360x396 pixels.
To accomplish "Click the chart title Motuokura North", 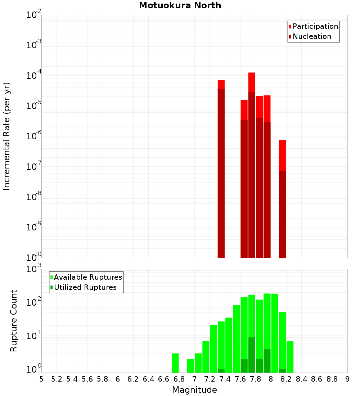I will coord(180,5).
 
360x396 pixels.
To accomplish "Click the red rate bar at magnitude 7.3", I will coord(221,169).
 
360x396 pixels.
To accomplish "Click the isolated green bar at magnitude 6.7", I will coord(175,363).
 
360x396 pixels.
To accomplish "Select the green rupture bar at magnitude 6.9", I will coord(190,366).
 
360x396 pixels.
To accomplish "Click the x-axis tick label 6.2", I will coord(133,379).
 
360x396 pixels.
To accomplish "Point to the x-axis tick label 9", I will coord(347,379).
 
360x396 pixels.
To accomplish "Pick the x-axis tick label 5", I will coord(41,379).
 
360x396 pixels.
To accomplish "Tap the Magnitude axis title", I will coord(194,390).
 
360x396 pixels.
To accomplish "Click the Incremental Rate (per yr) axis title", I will coord(7,136).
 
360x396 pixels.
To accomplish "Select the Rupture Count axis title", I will coord(14,320).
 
